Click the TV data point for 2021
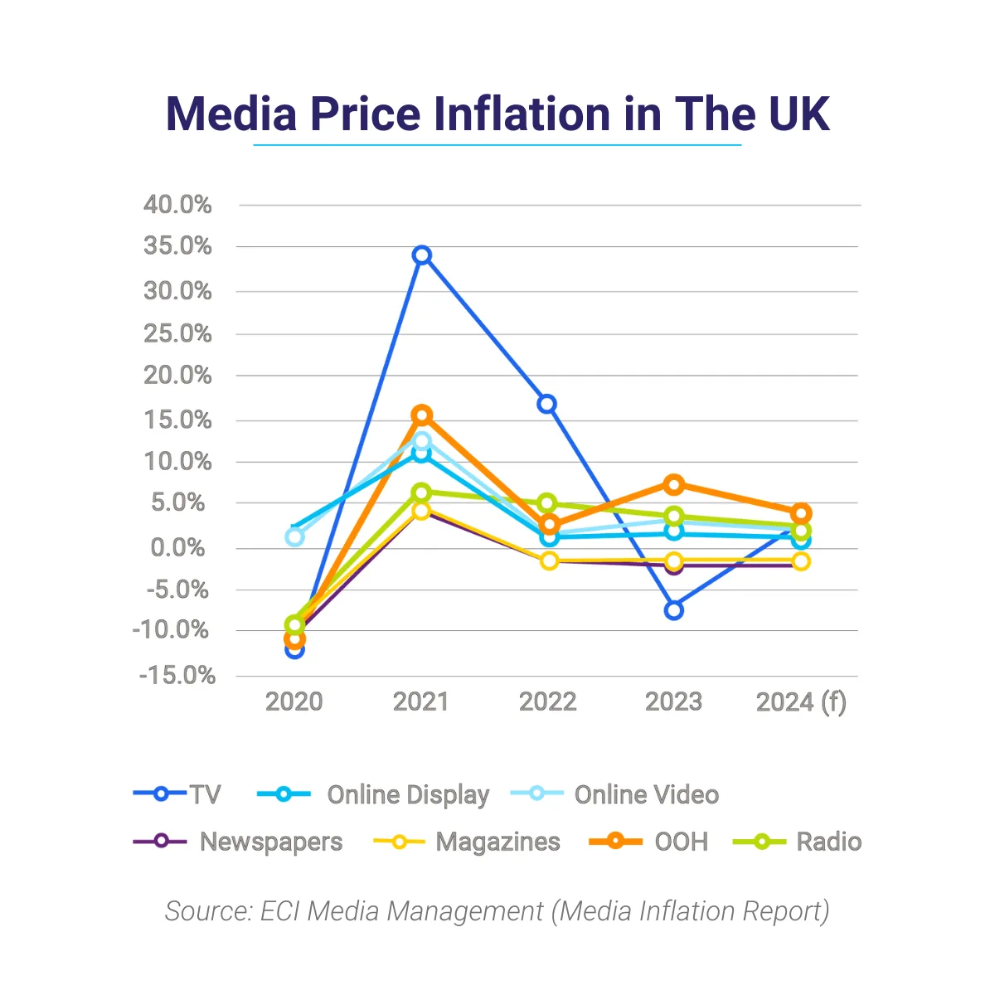point(422,255)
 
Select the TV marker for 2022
point(546,404)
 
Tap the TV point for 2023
point(674,610)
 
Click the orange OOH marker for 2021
point(422,415)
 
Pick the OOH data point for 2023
point(674,483)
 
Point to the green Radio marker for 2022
point(547,503)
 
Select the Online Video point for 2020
point(294,536)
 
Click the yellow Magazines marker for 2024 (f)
point(801,561)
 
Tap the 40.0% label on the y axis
point(177,205)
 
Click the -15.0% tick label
point(177,676)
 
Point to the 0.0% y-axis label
point(177,547)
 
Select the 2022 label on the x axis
point(547,702)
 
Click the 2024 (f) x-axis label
point(801,702)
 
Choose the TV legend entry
point(177,794)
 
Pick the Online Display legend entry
point(373,794)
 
